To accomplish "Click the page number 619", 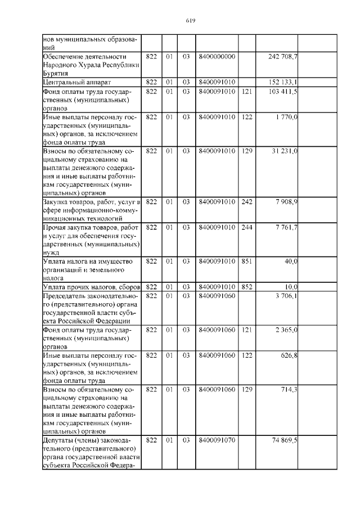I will [x=190, y=21].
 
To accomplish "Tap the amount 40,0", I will [x=290, y=262].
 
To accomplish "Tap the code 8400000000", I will [x=217, y=57].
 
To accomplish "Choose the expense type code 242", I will [x=246, y=201].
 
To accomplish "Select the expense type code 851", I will [x=246, y=262].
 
